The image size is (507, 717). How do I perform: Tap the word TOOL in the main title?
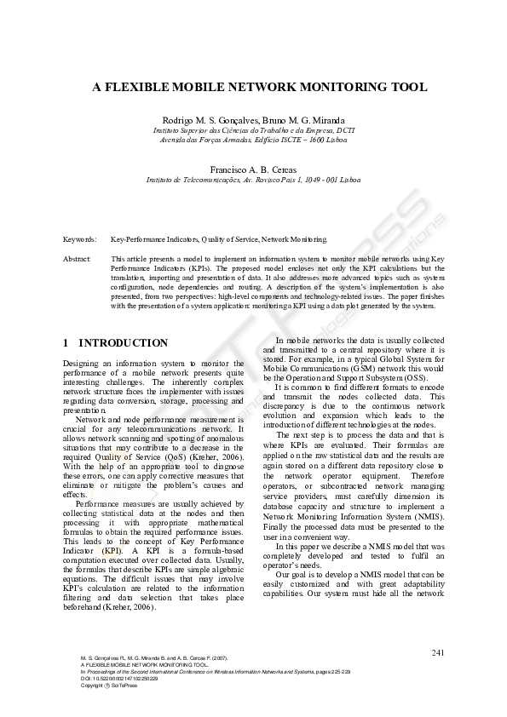(x=397, y=87)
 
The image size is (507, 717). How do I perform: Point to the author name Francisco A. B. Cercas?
(x=253, y=169)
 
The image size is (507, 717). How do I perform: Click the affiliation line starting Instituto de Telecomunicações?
(x=253, y=181)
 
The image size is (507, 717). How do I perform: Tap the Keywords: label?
(x=80, y=240)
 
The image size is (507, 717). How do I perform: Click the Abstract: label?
(x=78, y=257)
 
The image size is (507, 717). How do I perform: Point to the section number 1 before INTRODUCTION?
(x=66, y=343)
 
